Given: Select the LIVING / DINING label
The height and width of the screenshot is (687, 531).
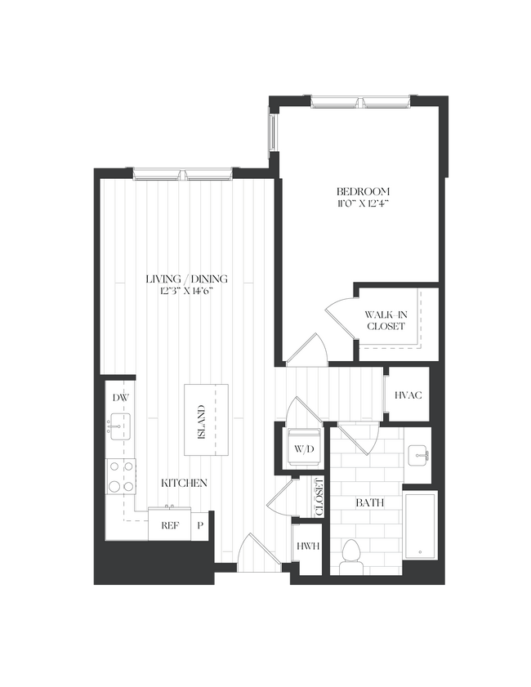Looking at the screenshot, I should [x=187, y=279].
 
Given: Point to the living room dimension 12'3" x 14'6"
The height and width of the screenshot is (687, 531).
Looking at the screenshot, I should [x=187, y=292].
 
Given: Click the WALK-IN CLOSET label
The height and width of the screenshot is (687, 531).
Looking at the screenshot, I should [x=385, y=319].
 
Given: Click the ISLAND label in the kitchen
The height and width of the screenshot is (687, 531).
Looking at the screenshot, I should [x=201, y=421].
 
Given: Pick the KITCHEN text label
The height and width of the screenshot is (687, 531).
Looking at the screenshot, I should [x=184, y=483].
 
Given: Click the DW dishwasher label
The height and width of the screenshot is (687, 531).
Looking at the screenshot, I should [x=120, y=398].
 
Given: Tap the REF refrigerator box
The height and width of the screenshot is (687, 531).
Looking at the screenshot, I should [x=169, y=525].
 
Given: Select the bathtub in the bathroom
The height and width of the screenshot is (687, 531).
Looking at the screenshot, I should [x=421, y=525].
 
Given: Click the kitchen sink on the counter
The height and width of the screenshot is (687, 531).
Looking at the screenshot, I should [x=119, y=425].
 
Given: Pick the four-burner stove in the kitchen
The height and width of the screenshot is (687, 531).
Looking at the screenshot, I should [x=121, y=476].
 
